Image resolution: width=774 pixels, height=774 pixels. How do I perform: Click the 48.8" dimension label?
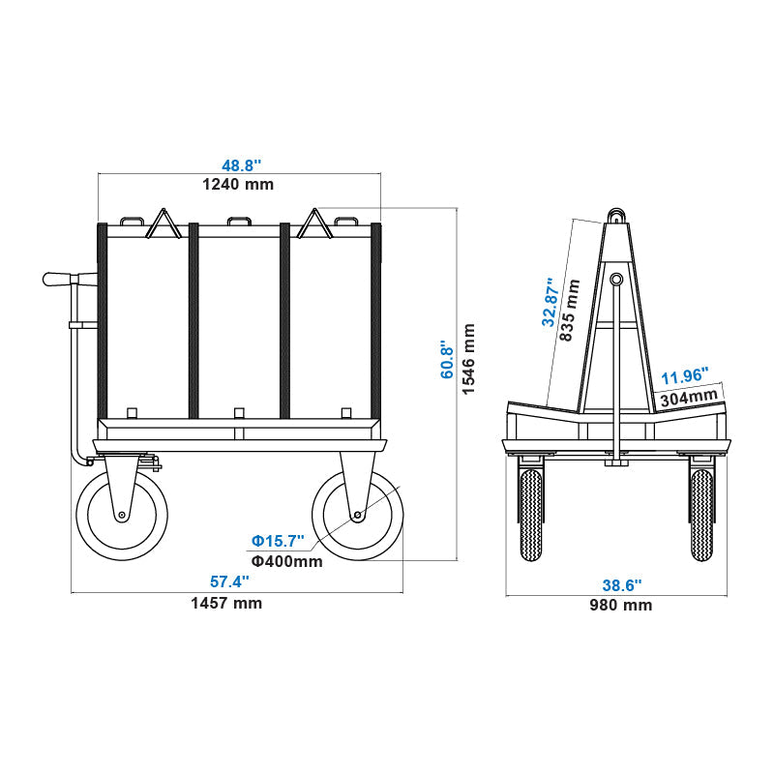237,166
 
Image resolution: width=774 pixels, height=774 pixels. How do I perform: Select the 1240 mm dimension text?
237,184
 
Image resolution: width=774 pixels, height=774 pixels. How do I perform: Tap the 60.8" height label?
447,359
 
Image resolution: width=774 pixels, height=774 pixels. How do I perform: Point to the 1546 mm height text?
469,359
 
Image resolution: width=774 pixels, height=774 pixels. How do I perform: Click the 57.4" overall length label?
230,581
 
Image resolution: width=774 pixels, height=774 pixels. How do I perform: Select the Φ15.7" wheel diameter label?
278,540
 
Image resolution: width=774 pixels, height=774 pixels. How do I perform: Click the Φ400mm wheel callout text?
287,561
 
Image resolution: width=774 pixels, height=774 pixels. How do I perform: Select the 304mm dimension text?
689,395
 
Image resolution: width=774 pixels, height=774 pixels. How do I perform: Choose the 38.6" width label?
621,585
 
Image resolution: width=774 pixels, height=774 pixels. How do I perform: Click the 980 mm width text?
621,606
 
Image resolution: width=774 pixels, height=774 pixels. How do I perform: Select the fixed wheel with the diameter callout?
356,515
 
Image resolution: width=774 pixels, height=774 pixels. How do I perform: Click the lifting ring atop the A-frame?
614,214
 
